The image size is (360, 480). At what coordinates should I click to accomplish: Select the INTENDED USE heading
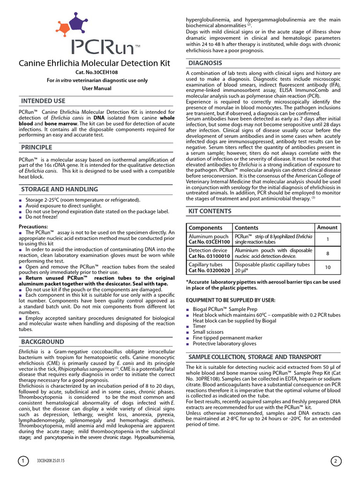pyautogui.click(x=43, y=101)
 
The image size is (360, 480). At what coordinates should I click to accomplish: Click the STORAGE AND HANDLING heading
pyautogui.click(x=60, y=189)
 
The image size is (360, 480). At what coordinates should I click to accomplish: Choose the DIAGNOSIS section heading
pyautogui.click(x=205, y=63)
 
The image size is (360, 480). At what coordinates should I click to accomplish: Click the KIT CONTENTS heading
pyautogui.click(x=210, y=212)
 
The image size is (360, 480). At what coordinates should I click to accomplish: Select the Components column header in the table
pyautogui.click(x=205, y=228)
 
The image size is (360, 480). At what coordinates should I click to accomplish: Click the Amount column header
pyautogui.click(x=327, y=228)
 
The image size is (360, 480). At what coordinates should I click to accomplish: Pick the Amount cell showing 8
pyautogui.click(x=327, y=253)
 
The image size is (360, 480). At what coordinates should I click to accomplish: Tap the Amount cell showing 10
pyautogui.click(x=327, y=267)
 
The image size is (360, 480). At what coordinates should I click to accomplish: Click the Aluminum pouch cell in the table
pyautogui.click(x=209, y=240)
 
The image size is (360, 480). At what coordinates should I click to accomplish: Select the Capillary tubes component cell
pyautogui.click(x=209, y=267)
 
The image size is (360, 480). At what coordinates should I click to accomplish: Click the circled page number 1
pyautogui.click(x=23, y=461)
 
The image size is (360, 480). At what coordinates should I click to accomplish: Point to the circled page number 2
pyautogui.click(x=336, y=461)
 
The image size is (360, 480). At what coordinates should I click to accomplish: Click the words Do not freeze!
pyautogui.click(x=42, y=217)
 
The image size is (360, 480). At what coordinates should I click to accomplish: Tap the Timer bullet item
pyautogui.click(x=199, y=326)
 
